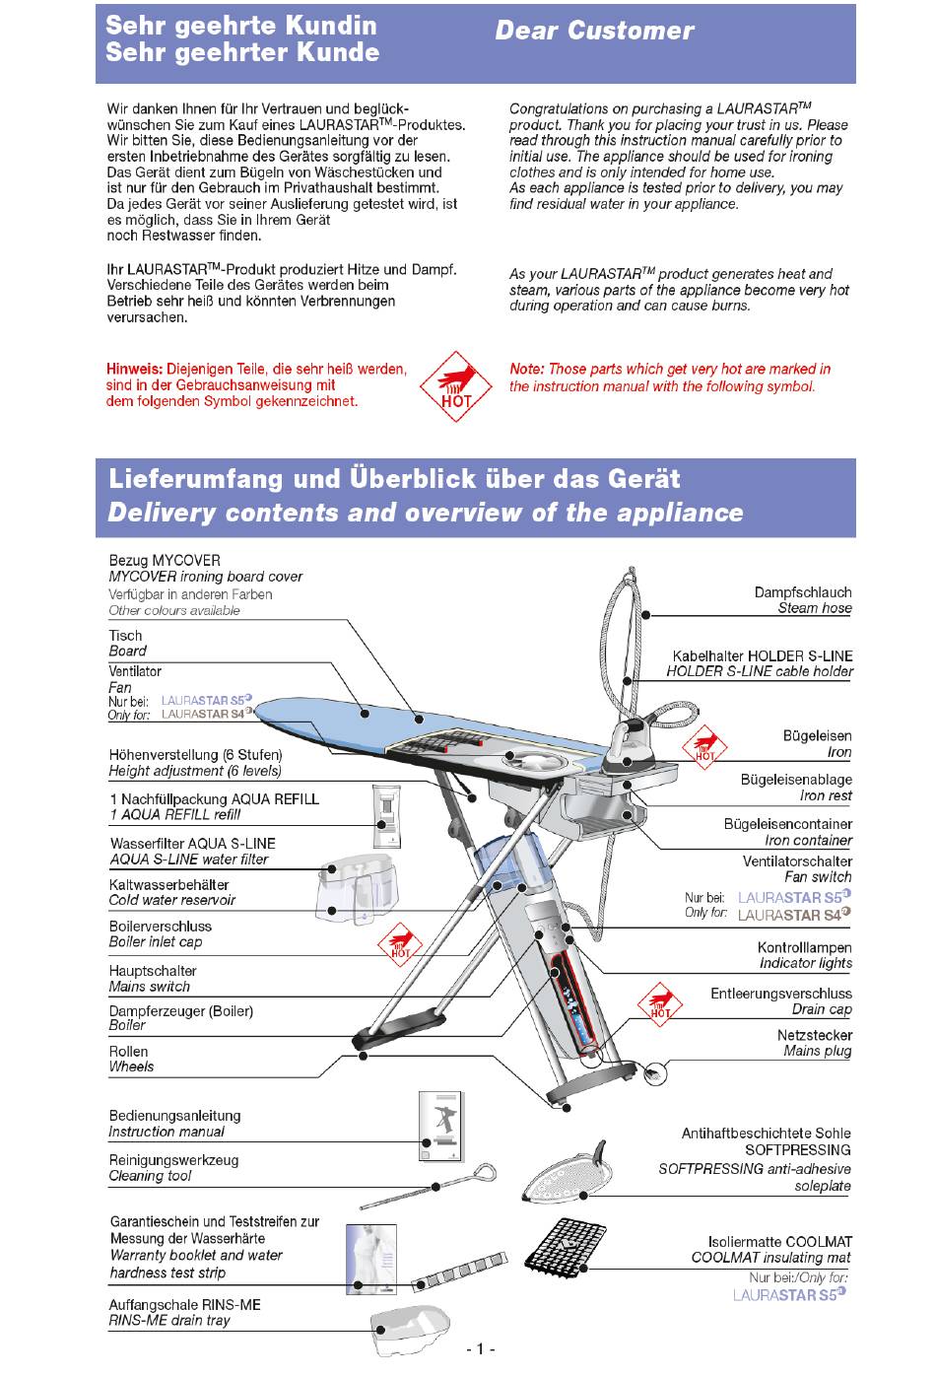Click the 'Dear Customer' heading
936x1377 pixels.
click(x=594, y=32)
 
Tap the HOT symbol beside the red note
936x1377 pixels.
click(x=456, y=386)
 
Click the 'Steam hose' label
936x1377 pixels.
click(x=815, y=608)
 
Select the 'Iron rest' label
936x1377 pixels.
click(x=826, y=795)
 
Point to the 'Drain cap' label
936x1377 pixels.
click(x=822, y=1009)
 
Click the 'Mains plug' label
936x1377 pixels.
click(x=818, y=1051)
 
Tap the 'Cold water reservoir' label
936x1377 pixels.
click(x=172, y=900)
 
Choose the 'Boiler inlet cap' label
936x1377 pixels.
click(x=156, y=941)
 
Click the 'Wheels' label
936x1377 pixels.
click(x=131, y=1067)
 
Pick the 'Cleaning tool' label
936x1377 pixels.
click(x=150, y=1176)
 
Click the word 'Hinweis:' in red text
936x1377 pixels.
click(x=134, y=370)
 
